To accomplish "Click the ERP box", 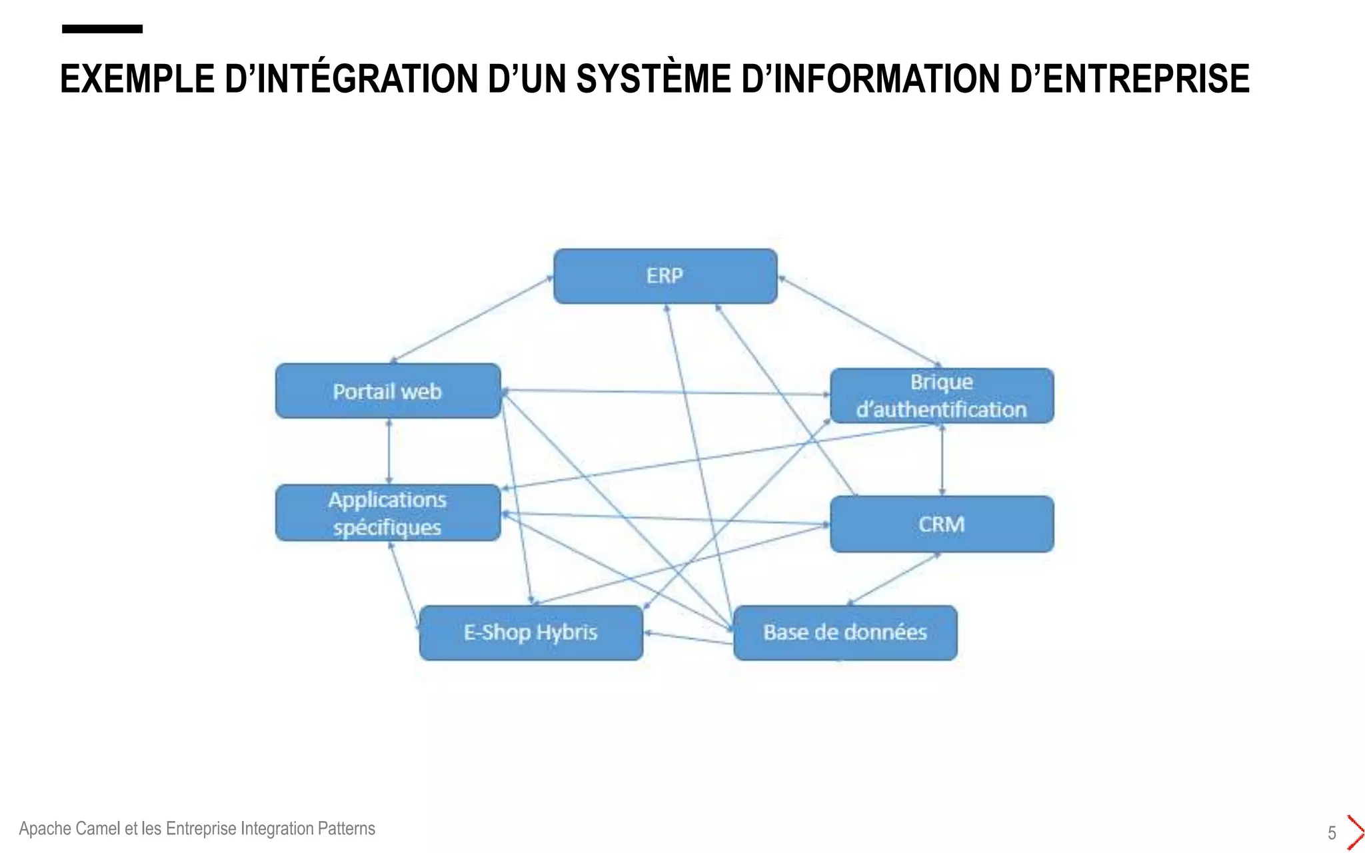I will [x=665, y=277].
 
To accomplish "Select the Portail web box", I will [x=388, y=391].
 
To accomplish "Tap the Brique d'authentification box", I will [x=942, y=396].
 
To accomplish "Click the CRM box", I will [x=942, y=524].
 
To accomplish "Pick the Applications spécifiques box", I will [x=388, y=513].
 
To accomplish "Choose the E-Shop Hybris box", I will [x=531, y=632].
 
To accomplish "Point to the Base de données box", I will [x=845, y=632].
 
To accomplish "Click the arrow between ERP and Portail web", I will [x=471, y=320].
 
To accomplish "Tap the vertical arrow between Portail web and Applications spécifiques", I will [x=389, y=452].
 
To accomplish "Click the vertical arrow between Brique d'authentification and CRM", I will [x=942, y=460].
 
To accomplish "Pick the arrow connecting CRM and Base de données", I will [x=893, y=579].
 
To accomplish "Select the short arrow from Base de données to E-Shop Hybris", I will [x=688, y=638].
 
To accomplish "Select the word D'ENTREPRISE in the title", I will [x=1129, y=79].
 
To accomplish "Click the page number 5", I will [x=1332, y=833].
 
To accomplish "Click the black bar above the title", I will [x=102, y=29].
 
